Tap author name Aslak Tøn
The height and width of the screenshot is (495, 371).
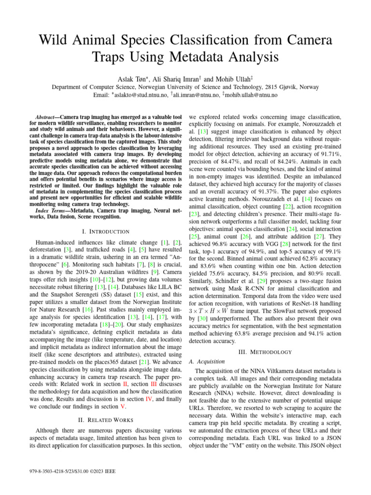tap(132, 78)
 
